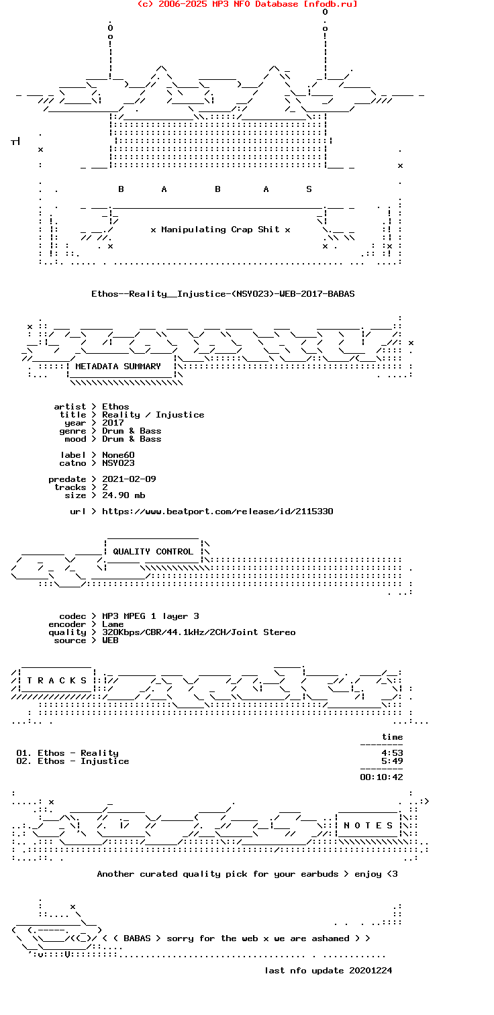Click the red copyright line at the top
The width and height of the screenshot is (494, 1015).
pos(247,4)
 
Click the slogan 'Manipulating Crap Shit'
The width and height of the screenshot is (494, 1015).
pos(220,230)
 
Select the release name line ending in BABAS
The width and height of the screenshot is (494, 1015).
pos(223,294)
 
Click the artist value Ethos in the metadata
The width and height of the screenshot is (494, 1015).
pos(115,407)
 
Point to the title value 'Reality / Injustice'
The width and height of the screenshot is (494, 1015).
pos(153,415)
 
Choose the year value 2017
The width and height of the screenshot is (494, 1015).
pos(113,423)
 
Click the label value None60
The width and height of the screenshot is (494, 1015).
pos(118,455)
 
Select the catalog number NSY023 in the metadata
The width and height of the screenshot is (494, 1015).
pos(118,463)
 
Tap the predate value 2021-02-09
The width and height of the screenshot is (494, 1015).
pos(129,479)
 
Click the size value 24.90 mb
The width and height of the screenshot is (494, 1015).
pos(123,495)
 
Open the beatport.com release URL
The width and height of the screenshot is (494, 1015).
pos(217,512)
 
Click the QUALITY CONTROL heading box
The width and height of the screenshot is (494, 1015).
pos(153,551)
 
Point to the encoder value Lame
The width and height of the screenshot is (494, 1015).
pos(113,624)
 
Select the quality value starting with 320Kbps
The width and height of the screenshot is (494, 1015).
pos(199,632)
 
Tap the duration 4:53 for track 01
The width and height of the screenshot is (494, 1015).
pos(392,753)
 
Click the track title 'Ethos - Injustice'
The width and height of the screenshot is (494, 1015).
pos(83,761)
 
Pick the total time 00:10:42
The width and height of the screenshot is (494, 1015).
pos(382,777)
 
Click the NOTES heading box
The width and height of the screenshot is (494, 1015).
pos(368,825)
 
